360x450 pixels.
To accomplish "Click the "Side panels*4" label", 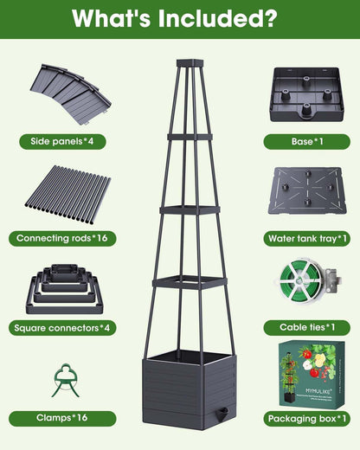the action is click(62, 141).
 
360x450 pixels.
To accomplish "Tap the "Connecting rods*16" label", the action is click(62, 238).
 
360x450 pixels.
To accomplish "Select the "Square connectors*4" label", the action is click(62, 328).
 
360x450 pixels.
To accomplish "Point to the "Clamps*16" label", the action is click(62, 418).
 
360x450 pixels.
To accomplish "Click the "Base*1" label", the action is click(307, 141).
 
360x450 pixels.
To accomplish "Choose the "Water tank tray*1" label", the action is click(307, 239).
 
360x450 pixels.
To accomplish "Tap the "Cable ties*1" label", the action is click(307, 328).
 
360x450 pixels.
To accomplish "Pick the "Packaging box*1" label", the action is click(307, 419).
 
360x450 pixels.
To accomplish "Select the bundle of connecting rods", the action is click(67, 196).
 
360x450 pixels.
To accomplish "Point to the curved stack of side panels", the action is click(71, 94).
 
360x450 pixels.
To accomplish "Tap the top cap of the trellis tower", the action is click(190, 63).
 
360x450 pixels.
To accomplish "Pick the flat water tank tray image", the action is click(307, 190).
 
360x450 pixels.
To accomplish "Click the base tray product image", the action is click(307, 94).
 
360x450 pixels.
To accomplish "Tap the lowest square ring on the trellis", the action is click(190, 283).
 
